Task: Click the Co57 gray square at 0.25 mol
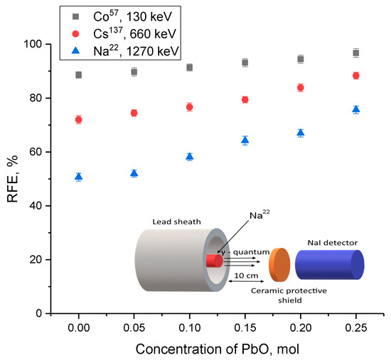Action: (355, 53)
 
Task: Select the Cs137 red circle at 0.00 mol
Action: (78, 119)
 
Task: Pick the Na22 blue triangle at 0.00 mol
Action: (78, 177)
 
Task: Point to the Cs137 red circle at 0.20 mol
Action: (301, 87)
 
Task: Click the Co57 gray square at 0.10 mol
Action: (189, 67)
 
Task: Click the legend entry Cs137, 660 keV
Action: (122, 33)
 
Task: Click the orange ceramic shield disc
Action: (279, 263)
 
